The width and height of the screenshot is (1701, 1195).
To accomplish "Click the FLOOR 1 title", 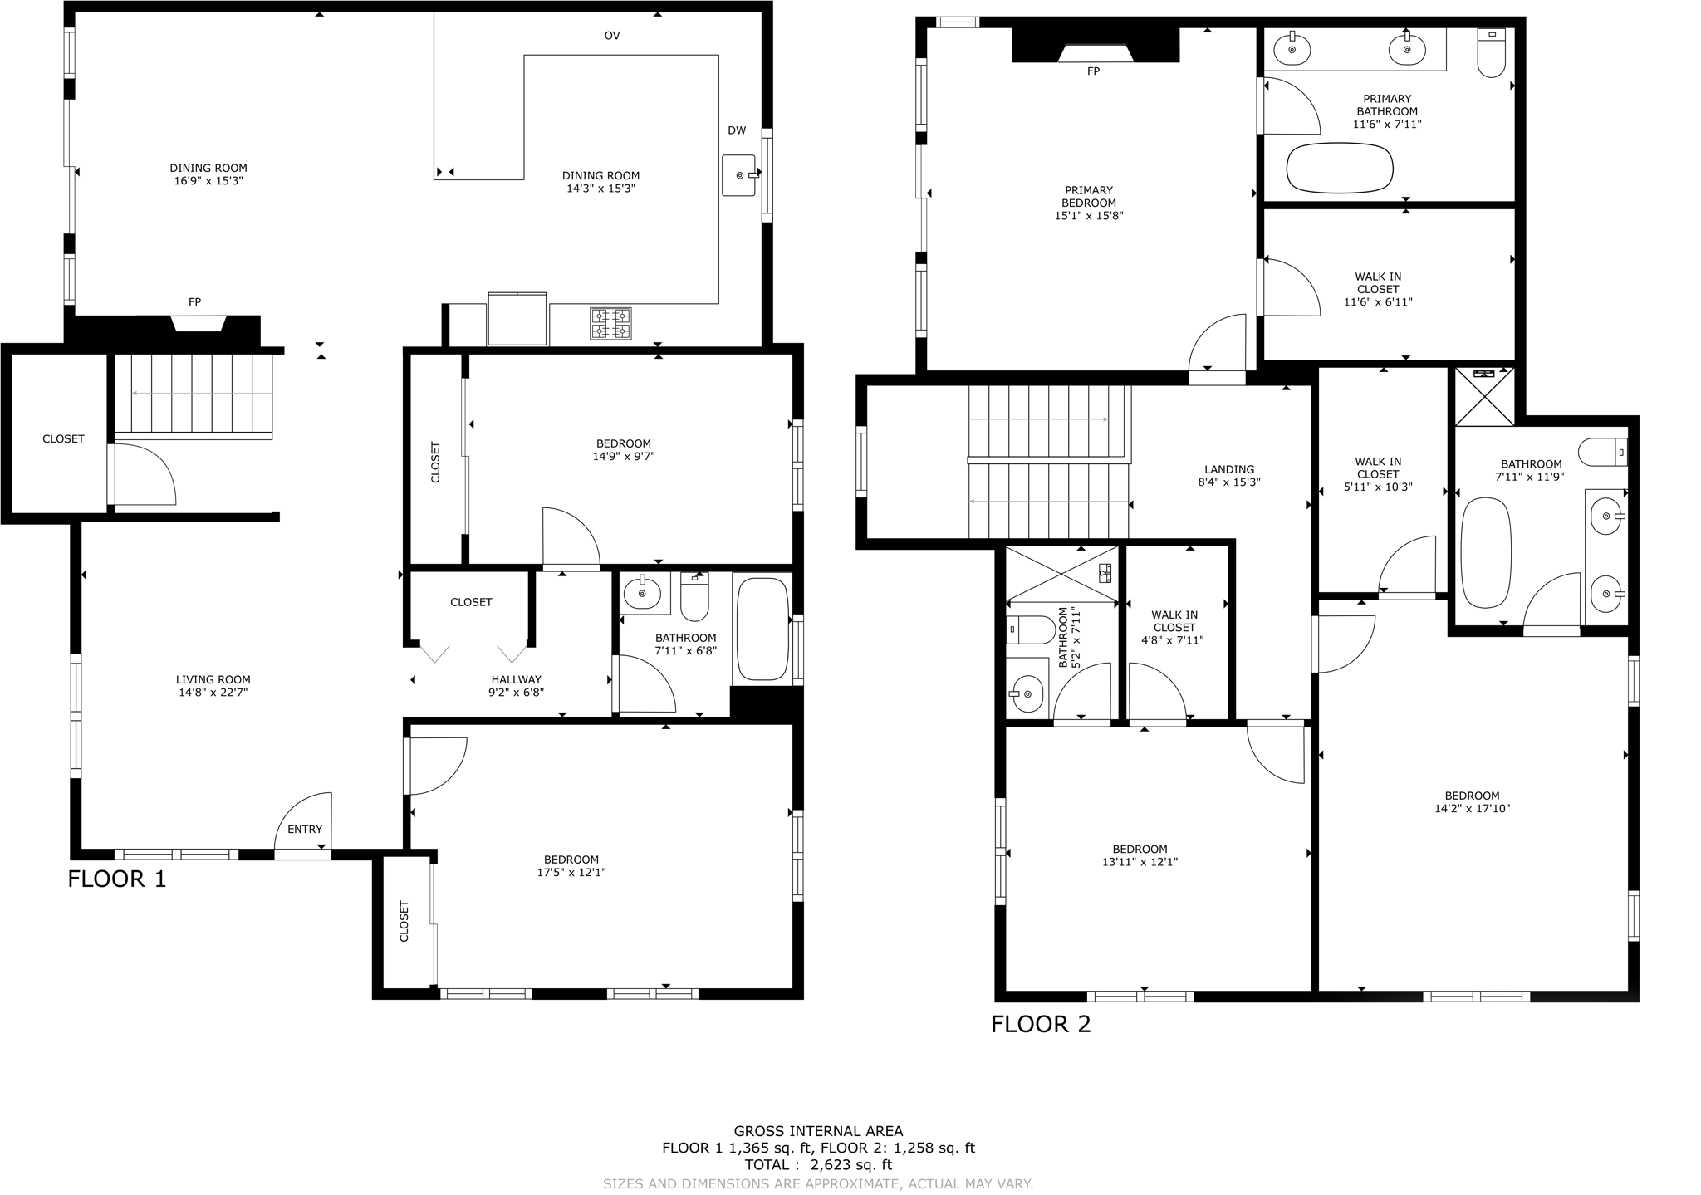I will [117, 879].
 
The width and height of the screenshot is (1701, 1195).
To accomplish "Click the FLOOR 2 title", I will [1041, 1024].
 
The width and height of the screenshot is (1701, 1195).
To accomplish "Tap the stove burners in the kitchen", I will [610, 323].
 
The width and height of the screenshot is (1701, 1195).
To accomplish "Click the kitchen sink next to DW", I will [738, 175].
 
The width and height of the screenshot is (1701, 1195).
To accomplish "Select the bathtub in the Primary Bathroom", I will [1340, 169].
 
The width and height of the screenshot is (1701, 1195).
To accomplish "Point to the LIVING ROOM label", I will [213, 679].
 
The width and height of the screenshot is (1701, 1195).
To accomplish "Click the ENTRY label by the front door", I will [305, 829].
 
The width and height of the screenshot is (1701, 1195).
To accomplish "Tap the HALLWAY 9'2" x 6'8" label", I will [516, 685].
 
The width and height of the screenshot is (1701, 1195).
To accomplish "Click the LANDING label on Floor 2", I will [1229, 469].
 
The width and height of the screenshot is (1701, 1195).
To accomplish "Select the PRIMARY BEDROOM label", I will [1088, 197].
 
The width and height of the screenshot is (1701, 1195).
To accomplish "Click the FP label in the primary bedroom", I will [1093, 71].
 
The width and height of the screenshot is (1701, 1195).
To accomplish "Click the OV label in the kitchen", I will [612, 36].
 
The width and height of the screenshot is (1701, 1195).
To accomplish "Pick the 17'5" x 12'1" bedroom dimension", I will [571, 872].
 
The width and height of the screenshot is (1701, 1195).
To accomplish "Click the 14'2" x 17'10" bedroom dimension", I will [1472, 808].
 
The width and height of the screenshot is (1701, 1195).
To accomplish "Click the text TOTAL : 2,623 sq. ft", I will [818, 1165].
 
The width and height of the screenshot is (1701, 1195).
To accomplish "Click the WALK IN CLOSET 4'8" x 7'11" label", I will [1174, 627].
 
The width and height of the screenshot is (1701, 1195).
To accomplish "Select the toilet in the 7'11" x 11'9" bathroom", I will [1602, 453].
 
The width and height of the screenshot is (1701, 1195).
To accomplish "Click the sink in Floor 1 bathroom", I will [642, 593].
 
